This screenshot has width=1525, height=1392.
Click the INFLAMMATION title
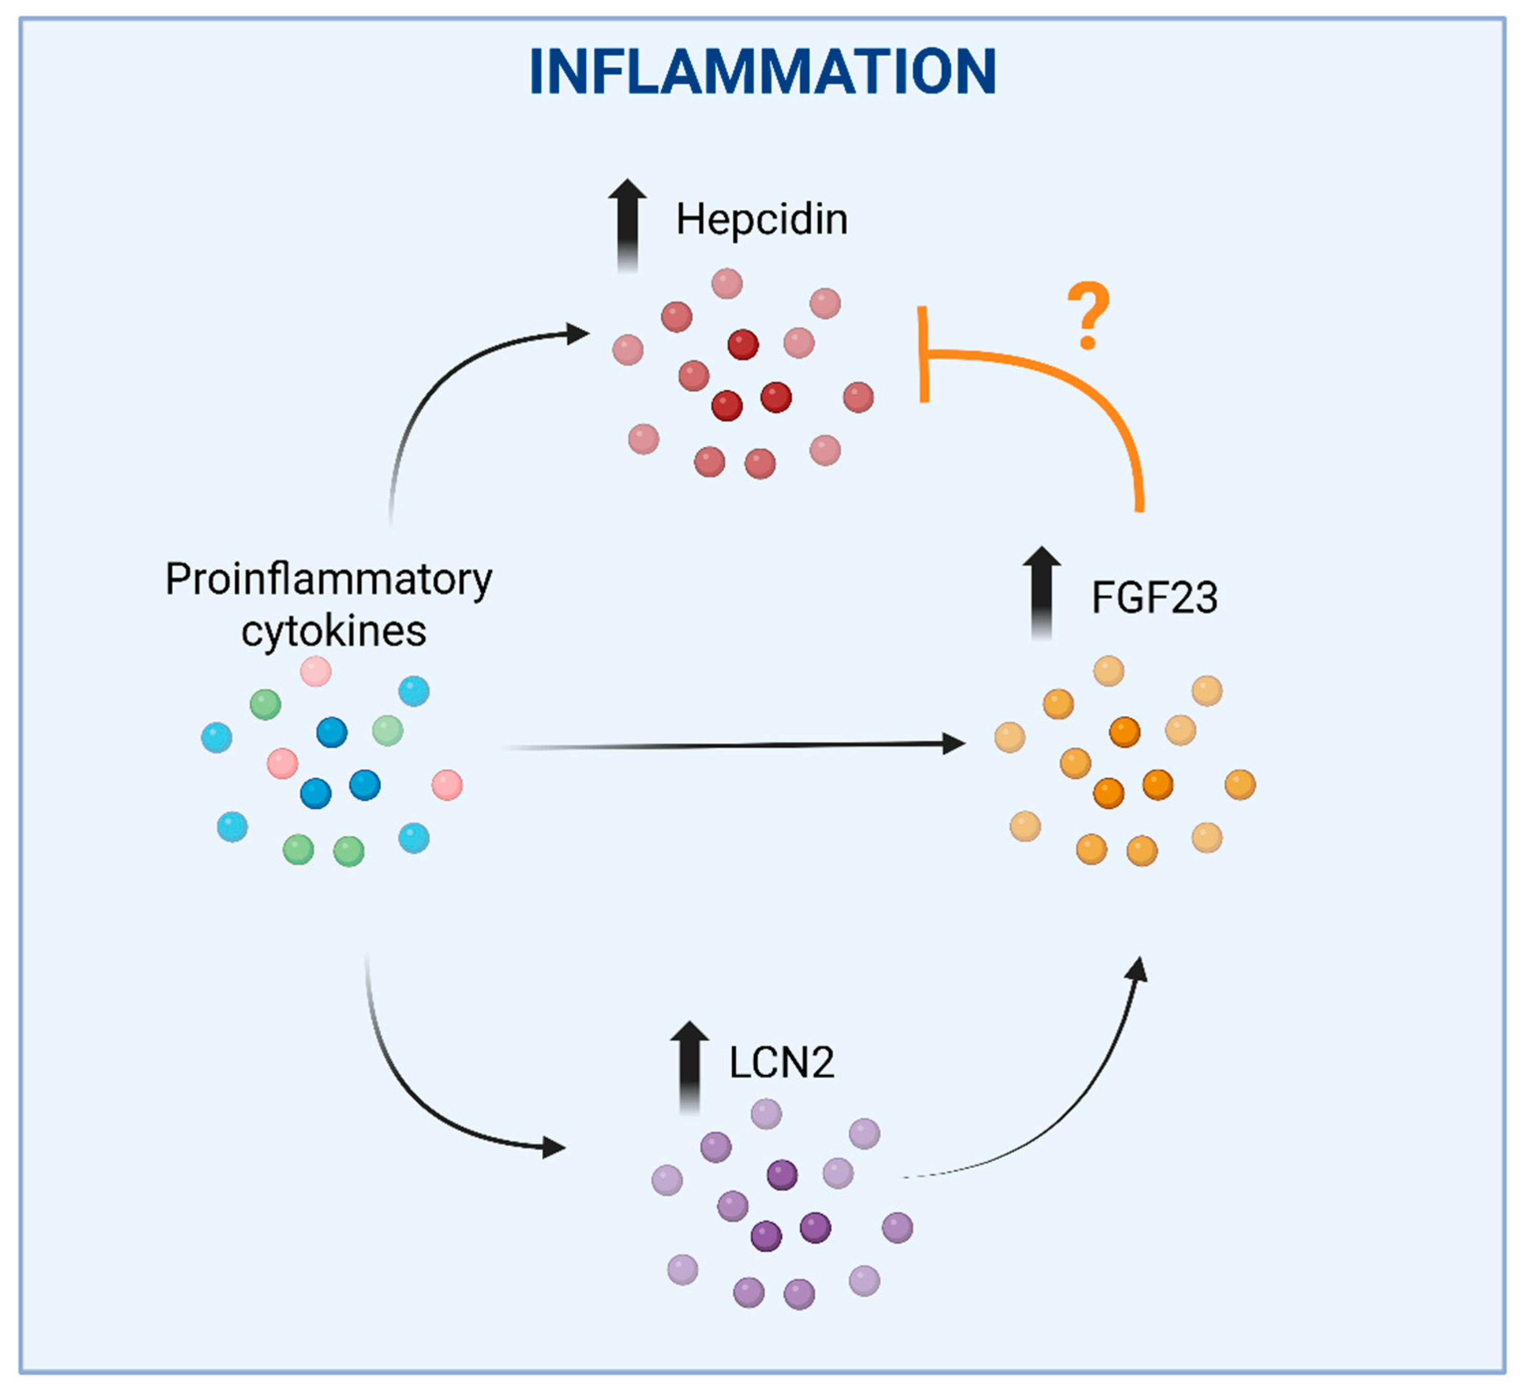point(763,72)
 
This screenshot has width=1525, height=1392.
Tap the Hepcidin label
point(762,220)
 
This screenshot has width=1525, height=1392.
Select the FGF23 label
point(1154,597)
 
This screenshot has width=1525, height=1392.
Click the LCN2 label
point(781,1063)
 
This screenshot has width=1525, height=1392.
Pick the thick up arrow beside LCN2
point(690,1067)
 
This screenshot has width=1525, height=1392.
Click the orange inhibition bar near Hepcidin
point(923,354)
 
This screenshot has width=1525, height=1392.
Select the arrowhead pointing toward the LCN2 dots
point(555,1147)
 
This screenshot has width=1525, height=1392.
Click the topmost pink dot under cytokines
point(315,671)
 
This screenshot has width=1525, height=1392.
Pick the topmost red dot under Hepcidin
point(727,283)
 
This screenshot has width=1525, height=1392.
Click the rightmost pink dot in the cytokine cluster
point(447,785)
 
